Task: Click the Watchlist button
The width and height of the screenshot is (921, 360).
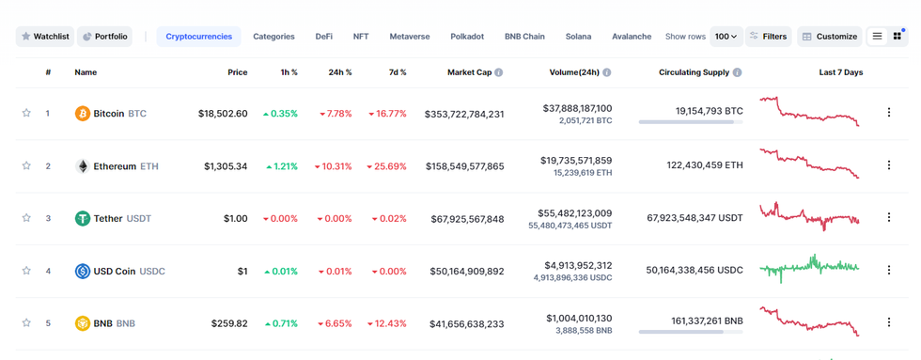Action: pyautogui.click(x=44, y=37)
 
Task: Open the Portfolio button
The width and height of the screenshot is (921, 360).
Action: pyautogui.click(x=104, y=37)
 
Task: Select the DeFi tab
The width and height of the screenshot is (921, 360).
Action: pyautogui.click(x=323, y=37)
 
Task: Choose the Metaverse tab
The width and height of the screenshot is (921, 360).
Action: pyautogui.click(x=409, y=37)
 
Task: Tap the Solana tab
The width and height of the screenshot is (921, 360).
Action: pyautogui.click(x=578, y=37)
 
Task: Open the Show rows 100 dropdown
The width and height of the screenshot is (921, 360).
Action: pyautogui.click(x=726, y=37)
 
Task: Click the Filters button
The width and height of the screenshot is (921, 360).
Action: pyautogui.click(x=769, y=37)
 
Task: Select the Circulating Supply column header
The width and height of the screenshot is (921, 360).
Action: pyautogui.click(x=700, y=72)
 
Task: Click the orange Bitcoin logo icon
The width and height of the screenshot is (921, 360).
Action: pyautogui.click(x=83, y=114)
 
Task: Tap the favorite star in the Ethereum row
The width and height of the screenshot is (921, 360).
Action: pyautogui.click(x=26, y=166)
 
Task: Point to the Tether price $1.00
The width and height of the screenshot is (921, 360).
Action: pyautogui.click(x=235, y=219)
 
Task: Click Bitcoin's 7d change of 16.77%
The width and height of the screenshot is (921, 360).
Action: pyautogui.click(x=387, y=114)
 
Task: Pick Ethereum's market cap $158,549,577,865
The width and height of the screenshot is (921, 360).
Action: pyautogui.click(x=464, y=166)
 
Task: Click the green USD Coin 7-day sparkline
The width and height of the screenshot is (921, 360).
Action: pyautogui.click(x=809, y=269)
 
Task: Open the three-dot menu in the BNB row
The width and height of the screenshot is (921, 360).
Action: pyautogui.click(x=889, y=322)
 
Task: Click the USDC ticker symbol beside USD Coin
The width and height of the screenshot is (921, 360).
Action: pyautogui.click(x=152, y=272)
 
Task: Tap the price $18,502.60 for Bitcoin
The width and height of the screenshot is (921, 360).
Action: pyautogui.click(x=223, y=114)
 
